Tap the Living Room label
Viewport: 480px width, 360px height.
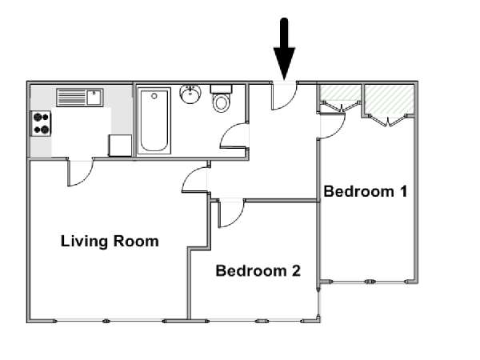(x=110, y=242)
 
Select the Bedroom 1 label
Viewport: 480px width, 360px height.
(x=366, y=192)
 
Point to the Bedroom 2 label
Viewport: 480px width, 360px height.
(x=258, y=271)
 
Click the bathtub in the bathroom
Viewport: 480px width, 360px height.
(x=154, y=121)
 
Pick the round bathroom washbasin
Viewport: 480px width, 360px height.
(x=190, y=94)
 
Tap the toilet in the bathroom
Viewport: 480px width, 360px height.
(x=221, y=98)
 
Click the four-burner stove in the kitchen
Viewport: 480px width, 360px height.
(x=41, y=123)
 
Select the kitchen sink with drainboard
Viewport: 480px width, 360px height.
(x=79, y=98)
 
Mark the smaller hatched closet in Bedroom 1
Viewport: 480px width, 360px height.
(x=340, y=93)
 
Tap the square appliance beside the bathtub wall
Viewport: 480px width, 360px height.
(x=120, y=146)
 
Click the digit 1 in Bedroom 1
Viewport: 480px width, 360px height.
(x=403, y=192)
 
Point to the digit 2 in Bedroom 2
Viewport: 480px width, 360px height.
(x=296, y=271)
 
